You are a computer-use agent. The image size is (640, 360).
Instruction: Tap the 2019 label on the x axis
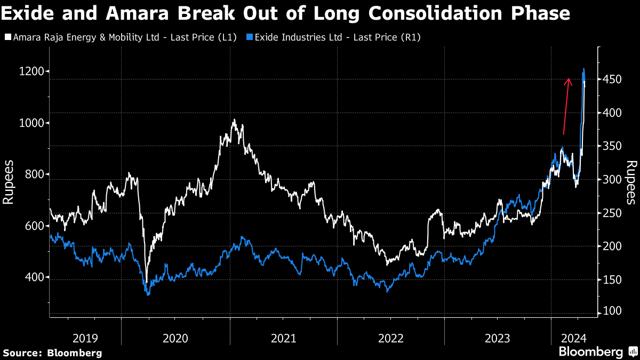click(x=85, y=338)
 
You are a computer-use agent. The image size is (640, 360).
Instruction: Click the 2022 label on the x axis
click(x=391, y=338)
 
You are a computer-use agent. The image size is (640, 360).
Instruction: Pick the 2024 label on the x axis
click(x=574, y=338)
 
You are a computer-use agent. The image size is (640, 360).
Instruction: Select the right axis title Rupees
click(x=631, y=182)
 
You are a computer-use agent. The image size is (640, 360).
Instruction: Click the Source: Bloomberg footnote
click(x=52, y=353)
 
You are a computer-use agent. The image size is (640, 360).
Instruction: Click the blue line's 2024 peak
click(x=584, y=69)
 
